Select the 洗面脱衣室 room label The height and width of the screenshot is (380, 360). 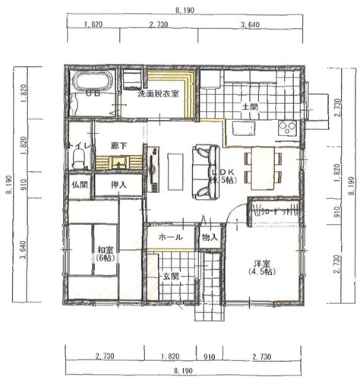coord(158,95)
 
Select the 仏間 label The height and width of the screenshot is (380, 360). coord(80,184)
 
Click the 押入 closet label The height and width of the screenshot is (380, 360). coord(118,184)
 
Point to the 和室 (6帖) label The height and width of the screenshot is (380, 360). coord(105,252)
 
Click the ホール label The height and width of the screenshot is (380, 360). coord(169,237)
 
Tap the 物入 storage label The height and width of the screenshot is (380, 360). coord(210,237)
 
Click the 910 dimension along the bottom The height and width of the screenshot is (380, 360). coord(210,356)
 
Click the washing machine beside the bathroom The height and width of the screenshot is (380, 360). coord(134,78)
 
